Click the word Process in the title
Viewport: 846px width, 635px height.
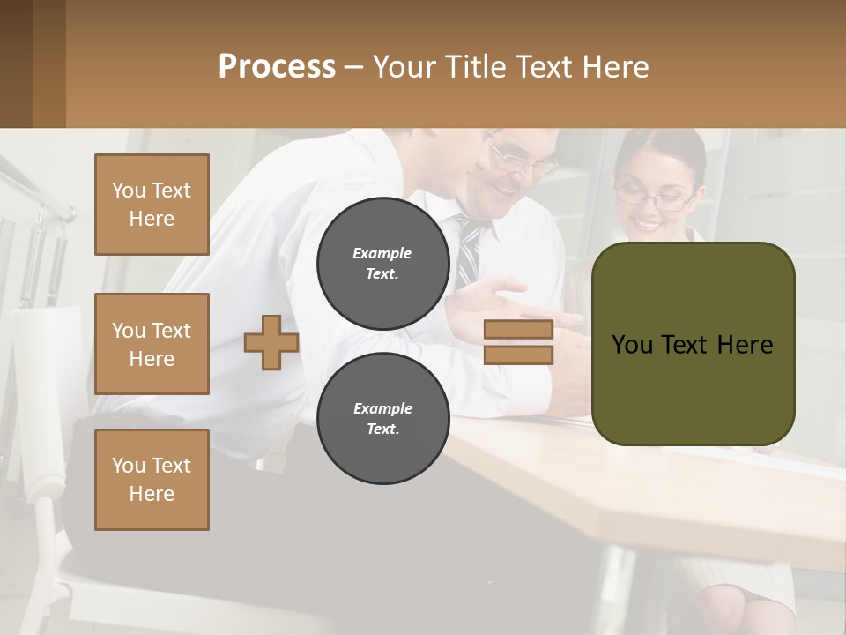click(x=277, y=67)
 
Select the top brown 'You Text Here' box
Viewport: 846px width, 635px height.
click(x=152, y=205)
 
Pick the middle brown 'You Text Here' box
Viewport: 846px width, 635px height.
click(x=152, y=344)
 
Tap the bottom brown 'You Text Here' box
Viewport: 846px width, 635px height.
click(x=152, y=480)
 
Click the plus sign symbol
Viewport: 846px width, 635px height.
click(x=271, y=342)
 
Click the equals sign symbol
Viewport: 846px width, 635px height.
click(x=518, y=342)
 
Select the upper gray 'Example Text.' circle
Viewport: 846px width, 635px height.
click(x=382, y=263)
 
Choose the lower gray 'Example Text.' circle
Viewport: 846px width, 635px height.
click(x=382, y=418)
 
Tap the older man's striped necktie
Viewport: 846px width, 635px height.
click(x=469, y=251)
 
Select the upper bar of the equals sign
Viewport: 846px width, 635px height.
click(x=518, y=330)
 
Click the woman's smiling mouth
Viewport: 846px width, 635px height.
click(x=649, y=224)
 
